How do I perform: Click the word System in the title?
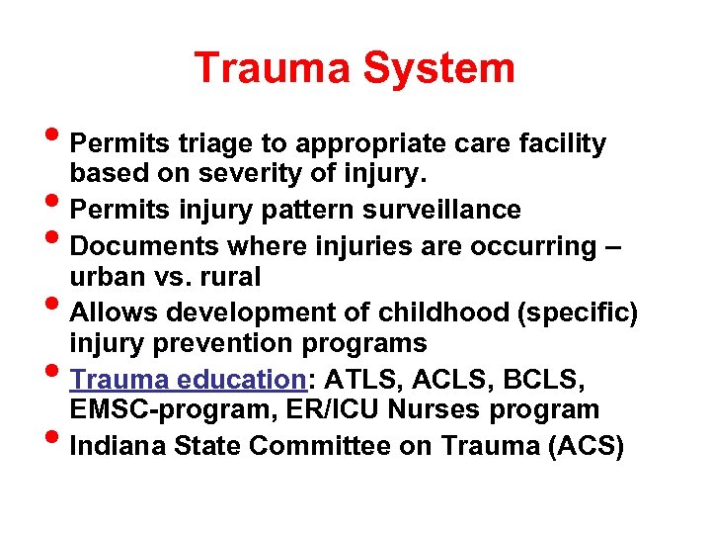pyautogui.click(x=439, y=68)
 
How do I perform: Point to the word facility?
pyautogui.click(x=560, y=144)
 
